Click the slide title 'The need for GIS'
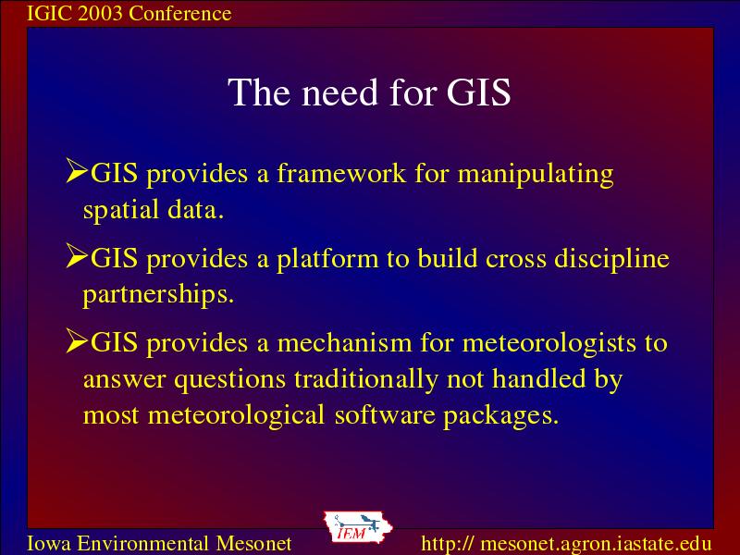pos(369,92)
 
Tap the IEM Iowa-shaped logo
pos(358,527)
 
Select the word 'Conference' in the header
pos(180,13)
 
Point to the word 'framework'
pos(341,173)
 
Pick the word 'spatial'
pos(121,211)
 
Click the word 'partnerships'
pos(158,295)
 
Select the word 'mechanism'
pos(344,342)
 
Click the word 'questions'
pos(229,380)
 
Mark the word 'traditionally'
pos(365,380)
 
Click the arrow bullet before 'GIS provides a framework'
pos(77,170)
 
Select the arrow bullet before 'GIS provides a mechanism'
pos(77,340)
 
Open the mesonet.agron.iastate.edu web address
pos(566,544)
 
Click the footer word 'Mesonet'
pos(253,543)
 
